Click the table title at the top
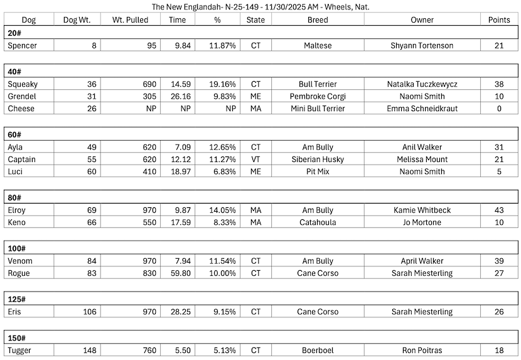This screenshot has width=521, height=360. pos(260,7)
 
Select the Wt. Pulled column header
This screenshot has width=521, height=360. pos(130,19)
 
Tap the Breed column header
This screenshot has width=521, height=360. pos(318,19)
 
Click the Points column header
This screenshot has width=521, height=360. pos(499,19)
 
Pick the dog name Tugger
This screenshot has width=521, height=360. pos(20,351)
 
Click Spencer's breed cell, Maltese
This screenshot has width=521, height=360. pos(318,46)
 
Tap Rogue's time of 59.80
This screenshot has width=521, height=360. pos(180,273)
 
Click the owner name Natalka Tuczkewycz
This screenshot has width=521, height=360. pos(422,84)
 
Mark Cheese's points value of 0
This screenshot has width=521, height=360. pos(499,109)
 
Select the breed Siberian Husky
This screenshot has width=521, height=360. pos(318,160)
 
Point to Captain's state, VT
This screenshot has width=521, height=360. pos(255,160)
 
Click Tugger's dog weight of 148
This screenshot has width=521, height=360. pos(88,351)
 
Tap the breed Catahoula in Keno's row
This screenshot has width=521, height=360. pos(318,222)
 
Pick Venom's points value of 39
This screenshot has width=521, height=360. pos(499,261)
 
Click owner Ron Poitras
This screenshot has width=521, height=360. pos(422,351)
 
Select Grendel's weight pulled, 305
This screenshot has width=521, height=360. pos(149,97)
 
